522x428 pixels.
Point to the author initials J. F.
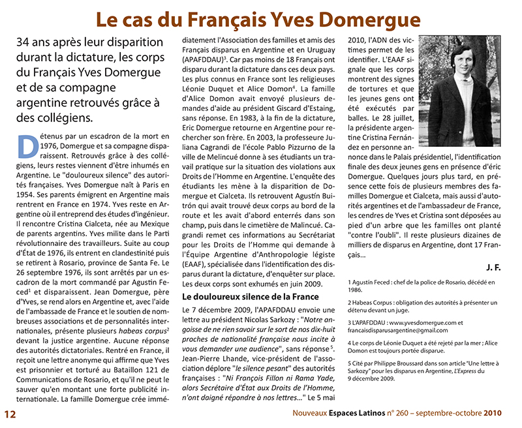[494, 267]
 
